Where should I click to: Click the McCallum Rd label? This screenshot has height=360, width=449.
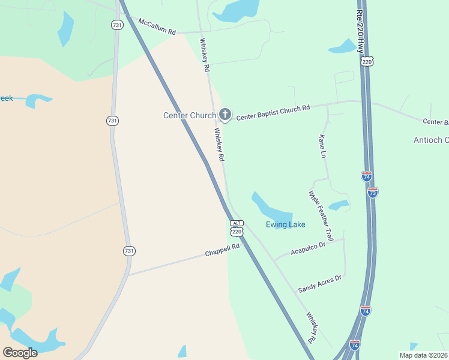[157, 26]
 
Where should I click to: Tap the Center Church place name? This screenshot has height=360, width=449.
[189, 115]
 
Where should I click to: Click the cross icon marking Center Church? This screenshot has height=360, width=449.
[224, 114]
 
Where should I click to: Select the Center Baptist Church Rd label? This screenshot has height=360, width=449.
[273, 113]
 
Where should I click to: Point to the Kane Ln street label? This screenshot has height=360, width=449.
[322, 146]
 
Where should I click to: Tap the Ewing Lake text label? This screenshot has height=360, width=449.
[286, 225]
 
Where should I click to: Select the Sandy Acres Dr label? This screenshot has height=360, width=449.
[320, 283]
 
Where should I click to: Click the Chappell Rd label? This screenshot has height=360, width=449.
[222, 250]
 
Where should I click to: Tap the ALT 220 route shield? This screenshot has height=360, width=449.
[237, 228]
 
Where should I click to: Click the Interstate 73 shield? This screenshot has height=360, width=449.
[372, 192]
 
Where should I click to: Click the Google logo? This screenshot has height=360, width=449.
[20, 352]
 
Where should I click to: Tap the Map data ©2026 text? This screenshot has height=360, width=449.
[423, 355]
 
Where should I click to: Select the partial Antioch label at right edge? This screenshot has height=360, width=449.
[430, 140]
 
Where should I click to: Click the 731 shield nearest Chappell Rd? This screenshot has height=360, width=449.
[129, 250]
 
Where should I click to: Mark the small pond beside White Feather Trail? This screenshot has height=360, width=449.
[340, 205]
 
